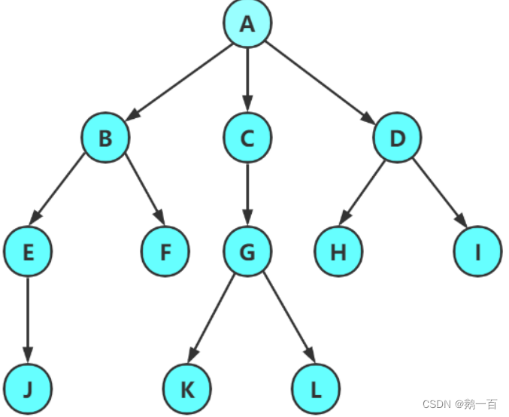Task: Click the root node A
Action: pyautogui.click(x=247, y=23)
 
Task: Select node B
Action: pyautogui.click(x=105, y=138)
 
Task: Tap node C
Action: pyautogui.click(x=247, y=138)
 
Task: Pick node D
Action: pyautogui.click(x=398, y=138)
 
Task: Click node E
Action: pyautogui.click(x=28, y=251)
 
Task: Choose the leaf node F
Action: pyautogui.click(x=165, y=251)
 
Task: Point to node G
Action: pyautogui.click(x=247, y=251)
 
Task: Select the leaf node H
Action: pyautogui.click(x=338, y=251)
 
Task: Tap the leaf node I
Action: pyautogui.click(x=477, y=251)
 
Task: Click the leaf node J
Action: pyautogui.click(x=28, y=390)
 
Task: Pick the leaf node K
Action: pyautogui.click(x=186, y=390)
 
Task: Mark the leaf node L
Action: pyautogui.click(x=316, y=390)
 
